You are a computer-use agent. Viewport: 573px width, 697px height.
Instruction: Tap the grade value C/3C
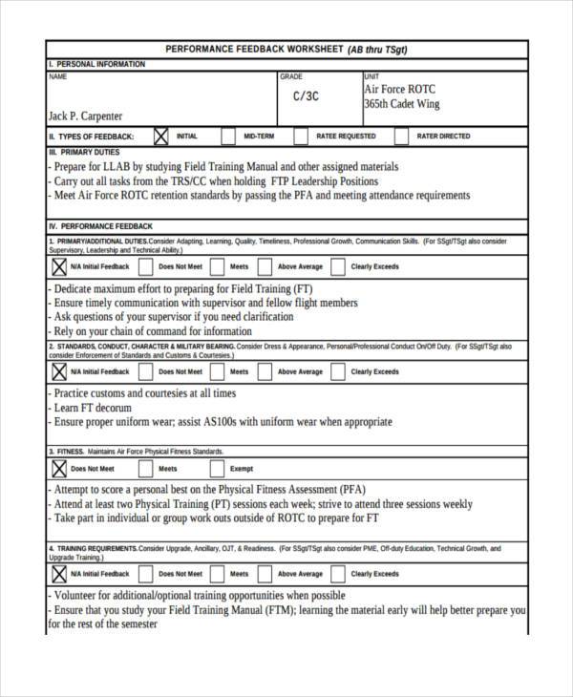(x=306, y=96)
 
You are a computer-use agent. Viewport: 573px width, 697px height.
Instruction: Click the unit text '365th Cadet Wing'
(x=402, y=104)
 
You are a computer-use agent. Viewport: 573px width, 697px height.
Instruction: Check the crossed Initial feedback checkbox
(x=159, y=137)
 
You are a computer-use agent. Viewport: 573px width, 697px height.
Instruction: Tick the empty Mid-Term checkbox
(x=228, y=137)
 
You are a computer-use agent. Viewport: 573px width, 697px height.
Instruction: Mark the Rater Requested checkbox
(x=301, y=137)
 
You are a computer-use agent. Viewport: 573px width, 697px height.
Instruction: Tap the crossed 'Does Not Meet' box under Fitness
(x=58, y=469)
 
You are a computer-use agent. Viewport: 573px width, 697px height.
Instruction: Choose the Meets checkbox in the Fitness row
(x=145, y=469)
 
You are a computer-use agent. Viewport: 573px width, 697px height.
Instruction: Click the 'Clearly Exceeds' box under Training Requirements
(x=335, y=574)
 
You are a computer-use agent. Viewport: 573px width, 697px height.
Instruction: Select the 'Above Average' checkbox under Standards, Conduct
(x=265, y=371)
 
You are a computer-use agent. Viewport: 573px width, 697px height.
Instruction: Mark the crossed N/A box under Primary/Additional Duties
(x=58, y=266)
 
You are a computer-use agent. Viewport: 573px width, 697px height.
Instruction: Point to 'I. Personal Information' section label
(x=96, y=64)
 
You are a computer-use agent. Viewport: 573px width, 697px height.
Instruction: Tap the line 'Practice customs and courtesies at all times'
(x=144, y=392)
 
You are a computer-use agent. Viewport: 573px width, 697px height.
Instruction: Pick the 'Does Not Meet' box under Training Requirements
(x=145, y=574)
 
